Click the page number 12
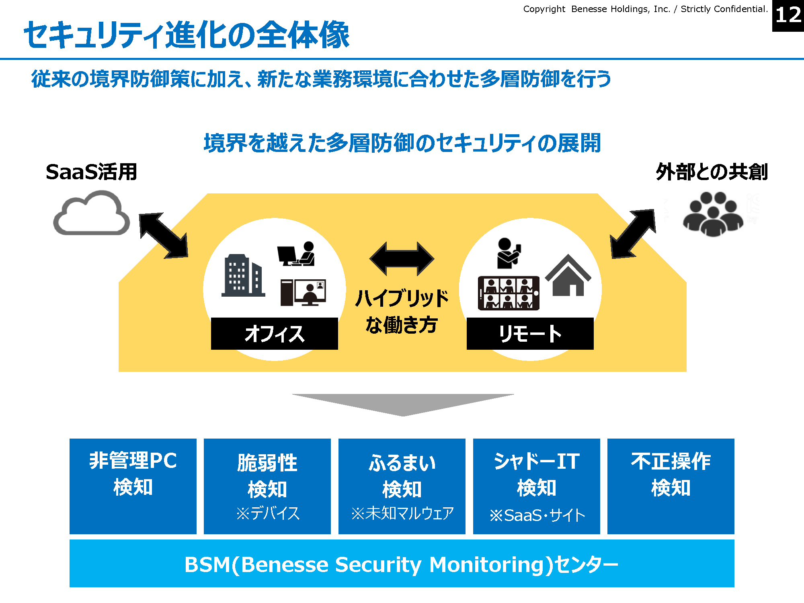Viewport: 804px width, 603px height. pos(788,16)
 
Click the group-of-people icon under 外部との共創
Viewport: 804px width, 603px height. pos(713,214)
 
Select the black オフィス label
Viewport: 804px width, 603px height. pos(274,334)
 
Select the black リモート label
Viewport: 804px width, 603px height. pos(530,334)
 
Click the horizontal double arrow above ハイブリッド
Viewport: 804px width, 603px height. pos(402,258)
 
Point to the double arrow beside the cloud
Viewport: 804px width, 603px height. pos(164,236)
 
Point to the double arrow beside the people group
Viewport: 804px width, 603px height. pos(633,234)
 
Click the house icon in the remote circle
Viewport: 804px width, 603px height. pos(568,275)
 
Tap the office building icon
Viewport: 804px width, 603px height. pos(243,276)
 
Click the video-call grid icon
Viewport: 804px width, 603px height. pos(509,293)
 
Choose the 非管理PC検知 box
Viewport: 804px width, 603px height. pos(133,486)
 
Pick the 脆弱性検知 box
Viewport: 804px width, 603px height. pos(267,486)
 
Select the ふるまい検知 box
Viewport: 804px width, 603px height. pos(402,486)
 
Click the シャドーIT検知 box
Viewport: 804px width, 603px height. pos(537,486)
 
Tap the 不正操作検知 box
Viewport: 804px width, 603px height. pos(671,486)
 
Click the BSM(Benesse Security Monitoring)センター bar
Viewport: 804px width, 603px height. pos(402,564)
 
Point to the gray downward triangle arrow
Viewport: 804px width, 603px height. pos(403,403)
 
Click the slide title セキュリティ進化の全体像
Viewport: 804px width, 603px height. pos(187,35)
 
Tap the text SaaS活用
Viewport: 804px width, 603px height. pos(92,172)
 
